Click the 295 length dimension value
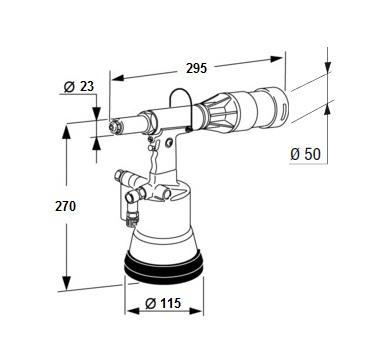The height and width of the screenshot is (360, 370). coord(196,68)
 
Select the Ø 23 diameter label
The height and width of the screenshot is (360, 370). coord(79,87)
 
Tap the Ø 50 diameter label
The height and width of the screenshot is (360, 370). coord(305,154)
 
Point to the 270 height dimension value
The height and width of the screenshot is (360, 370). coord(66,206)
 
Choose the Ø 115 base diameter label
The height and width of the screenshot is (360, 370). coord(163,303)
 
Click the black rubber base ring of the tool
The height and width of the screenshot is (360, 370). coord(163,266)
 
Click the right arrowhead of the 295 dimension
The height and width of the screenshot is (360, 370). coord(276,59)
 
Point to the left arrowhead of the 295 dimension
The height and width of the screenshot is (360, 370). coord(118,78)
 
